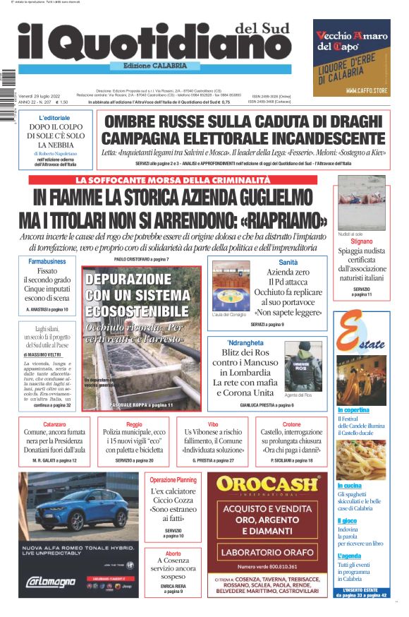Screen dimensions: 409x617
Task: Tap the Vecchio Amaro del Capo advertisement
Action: coord(352,57)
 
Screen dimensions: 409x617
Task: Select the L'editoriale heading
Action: coord(54,117)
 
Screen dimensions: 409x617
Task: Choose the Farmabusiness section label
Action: coord(47,261)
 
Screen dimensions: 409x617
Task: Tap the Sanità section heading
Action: coord(288,262)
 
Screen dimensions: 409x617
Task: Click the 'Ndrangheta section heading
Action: coord(243,343)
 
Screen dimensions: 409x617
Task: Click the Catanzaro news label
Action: coord(54,424)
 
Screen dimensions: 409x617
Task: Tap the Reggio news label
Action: coord(134,424)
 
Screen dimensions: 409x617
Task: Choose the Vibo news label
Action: coord(213,424)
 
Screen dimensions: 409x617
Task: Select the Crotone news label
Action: coord(291,424)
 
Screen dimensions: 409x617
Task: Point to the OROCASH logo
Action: coord(267,485)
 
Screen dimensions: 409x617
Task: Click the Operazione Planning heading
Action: coord(173,480)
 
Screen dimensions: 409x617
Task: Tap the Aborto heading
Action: coord(173,553)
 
